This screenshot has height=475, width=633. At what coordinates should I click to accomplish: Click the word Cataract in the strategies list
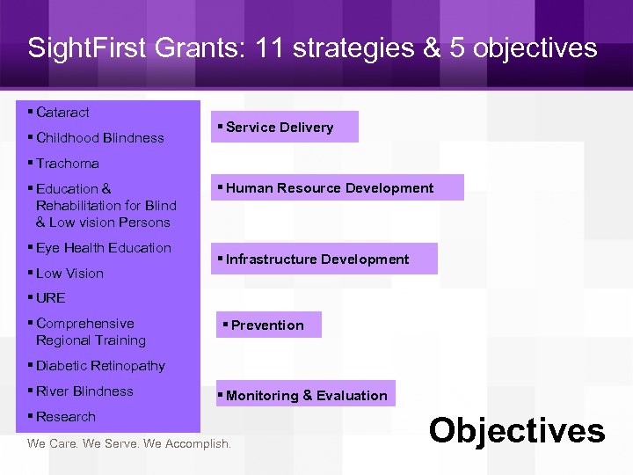(62, 113)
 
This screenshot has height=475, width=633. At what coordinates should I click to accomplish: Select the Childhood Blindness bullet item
(99, 138)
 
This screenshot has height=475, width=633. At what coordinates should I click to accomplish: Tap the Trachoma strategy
(67, 164)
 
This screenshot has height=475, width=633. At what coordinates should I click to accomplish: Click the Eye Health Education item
(103, 248)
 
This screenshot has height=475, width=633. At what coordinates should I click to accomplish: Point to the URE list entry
(50, 298)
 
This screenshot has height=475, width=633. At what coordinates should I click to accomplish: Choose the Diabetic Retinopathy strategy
(100, 366)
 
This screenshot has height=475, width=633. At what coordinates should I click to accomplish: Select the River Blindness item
(84, 391)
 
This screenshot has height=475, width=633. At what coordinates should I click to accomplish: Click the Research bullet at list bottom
(65, 417)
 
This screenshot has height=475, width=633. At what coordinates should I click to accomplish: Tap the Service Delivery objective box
(284, 127)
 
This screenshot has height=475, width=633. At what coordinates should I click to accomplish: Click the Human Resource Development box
(337, 187)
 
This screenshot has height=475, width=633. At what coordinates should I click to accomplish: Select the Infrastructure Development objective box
(324, 259)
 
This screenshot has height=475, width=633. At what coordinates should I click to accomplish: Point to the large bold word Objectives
(517, 431)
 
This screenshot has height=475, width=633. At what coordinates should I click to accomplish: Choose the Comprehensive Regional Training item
(90, 332)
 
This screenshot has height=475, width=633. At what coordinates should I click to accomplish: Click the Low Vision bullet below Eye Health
(69, 274)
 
